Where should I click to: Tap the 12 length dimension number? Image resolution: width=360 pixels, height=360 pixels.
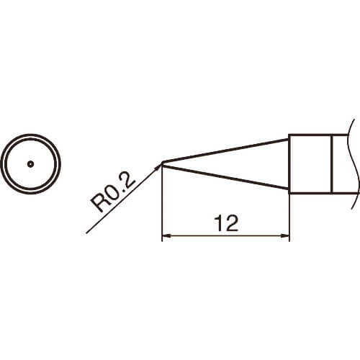pyautogui.click(x=226, y=223)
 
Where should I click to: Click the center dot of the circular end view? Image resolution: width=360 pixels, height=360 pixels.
pyautogui.click(x=30, y=164)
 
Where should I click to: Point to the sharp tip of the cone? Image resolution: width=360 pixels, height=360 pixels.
pyautogui.click(x=163, y=163)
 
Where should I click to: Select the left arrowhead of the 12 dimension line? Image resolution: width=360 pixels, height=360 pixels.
pyautogui.click(x=166, y=236)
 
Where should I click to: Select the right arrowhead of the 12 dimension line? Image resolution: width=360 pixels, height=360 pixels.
pyautogui.click(x=286, y=236)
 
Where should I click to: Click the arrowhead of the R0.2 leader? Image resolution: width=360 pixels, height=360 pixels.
pyautogui.click(x=158, y=166)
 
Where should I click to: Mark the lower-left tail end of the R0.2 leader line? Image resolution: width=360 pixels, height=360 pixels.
pyautogui.click(x=86, y=233)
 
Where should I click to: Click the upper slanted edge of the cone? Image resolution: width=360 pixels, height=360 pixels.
pyautogui.click(x=225, y=150)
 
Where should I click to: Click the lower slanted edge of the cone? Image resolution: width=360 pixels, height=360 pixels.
pyautogui.click(x=225, y=177)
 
